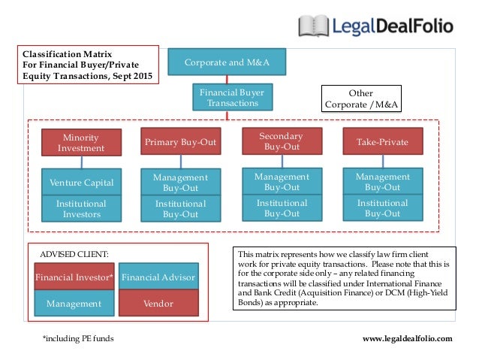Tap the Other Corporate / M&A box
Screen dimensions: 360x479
click(360, 98)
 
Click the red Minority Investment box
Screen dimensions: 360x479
click(81, 142)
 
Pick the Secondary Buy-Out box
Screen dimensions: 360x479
click(282, 141)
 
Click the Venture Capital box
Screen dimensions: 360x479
click(81, 183)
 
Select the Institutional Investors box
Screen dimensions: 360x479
click(81, 209)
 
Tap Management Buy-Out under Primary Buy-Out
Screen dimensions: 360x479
click(181, 183)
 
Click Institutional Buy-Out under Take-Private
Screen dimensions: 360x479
click(383, 208)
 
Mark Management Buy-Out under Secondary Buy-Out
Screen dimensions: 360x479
click(282, 181)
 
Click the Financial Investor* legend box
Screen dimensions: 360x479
click(74, 277)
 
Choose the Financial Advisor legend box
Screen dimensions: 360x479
click(158, 277)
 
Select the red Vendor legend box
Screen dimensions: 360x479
click(158, 304)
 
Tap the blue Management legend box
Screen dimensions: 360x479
click(74, 304)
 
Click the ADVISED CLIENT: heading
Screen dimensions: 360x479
click(70, 254)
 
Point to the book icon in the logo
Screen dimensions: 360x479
click(313, 26)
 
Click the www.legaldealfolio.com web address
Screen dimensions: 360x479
click(408, 339)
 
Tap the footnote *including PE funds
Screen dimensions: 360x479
click(78, 339)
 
